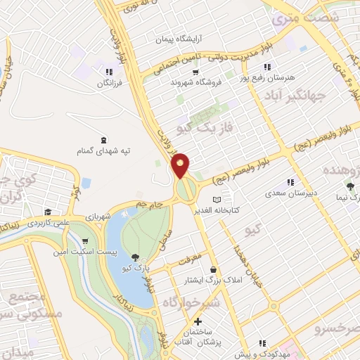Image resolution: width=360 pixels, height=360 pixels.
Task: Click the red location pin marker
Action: click(x=181, y=165)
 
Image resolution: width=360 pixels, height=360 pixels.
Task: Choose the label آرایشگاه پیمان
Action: click(x=165, y=39)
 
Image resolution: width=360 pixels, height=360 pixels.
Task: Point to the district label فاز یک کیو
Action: click(x=205, y=124)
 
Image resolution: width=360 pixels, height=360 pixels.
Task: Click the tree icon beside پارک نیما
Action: click(x=350, y=186)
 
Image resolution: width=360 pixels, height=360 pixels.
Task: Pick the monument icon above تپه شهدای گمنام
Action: click(x=104, y=139)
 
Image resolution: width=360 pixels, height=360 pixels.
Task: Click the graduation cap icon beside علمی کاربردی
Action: click(x=47, y=212)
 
